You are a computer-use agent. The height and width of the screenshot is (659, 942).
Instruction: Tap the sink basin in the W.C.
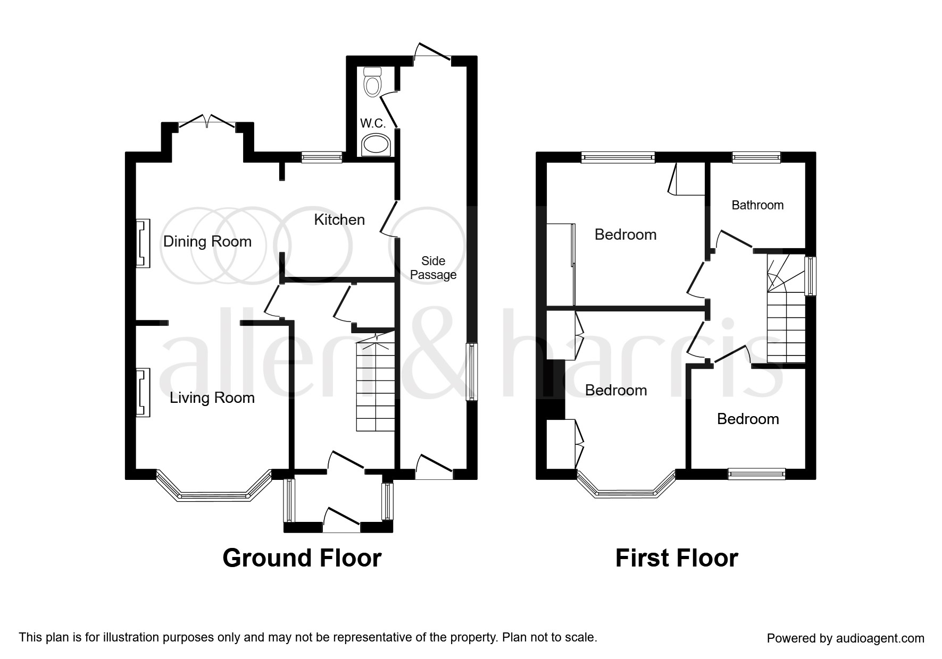pyautogui.click(x=376, y=145)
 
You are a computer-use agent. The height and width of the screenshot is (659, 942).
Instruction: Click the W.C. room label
pyautogui.click(x=372, y=123)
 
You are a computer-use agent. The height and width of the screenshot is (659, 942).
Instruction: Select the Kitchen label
pyautogui.click(x=339, y=219)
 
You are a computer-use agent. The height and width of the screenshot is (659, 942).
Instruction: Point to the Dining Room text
pyautogui.click(x=207, y=241)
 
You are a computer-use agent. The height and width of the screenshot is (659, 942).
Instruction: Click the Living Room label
pyautogui.click(x=212, y=398)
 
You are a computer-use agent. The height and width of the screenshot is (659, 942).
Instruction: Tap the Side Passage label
pyautogui.click(x=433, y=268)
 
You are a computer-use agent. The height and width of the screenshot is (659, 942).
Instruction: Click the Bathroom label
pyautogui.click(x=757, y=205)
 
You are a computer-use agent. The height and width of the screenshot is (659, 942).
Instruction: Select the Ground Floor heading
pyautogui.click(x=302, y=558)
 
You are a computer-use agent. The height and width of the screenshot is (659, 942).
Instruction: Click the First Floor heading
pyautogui.click(x=676, y=558)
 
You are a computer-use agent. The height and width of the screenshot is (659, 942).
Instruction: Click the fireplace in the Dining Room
pyautogui.click(x=143, y=243)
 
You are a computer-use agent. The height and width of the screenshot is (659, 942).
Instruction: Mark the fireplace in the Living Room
pyautogui.click(x=143, y=393)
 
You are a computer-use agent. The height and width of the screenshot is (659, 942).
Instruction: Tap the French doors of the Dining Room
pyautogui.click(x=207, y=121)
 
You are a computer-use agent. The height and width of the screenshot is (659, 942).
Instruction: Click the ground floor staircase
pyautogui.click(x=376, y=388)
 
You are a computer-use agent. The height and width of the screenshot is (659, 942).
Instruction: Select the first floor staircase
pyautogui.click(x=786, y=319)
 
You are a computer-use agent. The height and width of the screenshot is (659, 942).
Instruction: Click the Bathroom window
pyautogui.click(x=756, y=157)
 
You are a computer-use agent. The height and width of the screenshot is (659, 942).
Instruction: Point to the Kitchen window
pyautogui.click(x=321, y=157)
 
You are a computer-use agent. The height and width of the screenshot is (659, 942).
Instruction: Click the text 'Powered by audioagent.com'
pyautogui.click(x=845, y=638)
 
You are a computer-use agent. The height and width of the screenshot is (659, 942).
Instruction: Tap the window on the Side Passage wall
pyautogui.click(x=471, y=372)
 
